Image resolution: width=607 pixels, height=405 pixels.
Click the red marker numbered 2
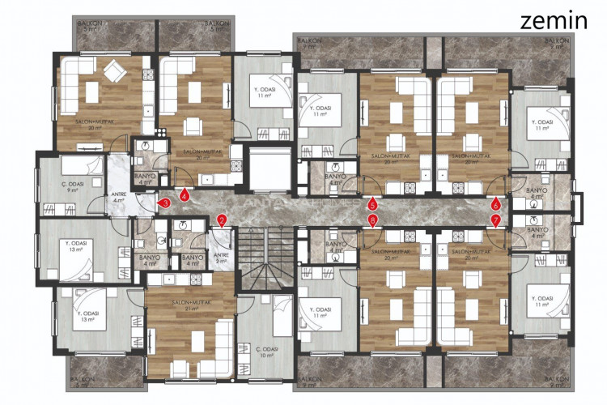pos(222,219)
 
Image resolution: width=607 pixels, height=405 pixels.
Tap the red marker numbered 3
pos(164,203)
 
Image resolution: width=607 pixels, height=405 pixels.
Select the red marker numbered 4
pos(185,195)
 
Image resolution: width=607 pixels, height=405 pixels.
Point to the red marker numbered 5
pos(372,204)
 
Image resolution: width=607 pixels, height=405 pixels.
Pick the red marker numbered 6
pos(495,204)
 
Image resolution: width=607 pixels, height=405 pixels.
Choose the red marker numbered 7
pos(495,219)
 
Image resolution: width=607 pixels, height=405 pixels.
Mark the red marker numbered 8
pos(372,219)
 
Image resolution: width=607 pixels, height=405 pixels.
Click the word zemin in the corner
pos(554,20)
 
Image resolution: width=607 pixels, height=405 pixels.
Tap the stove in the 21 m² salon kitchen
pos(172,280)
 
